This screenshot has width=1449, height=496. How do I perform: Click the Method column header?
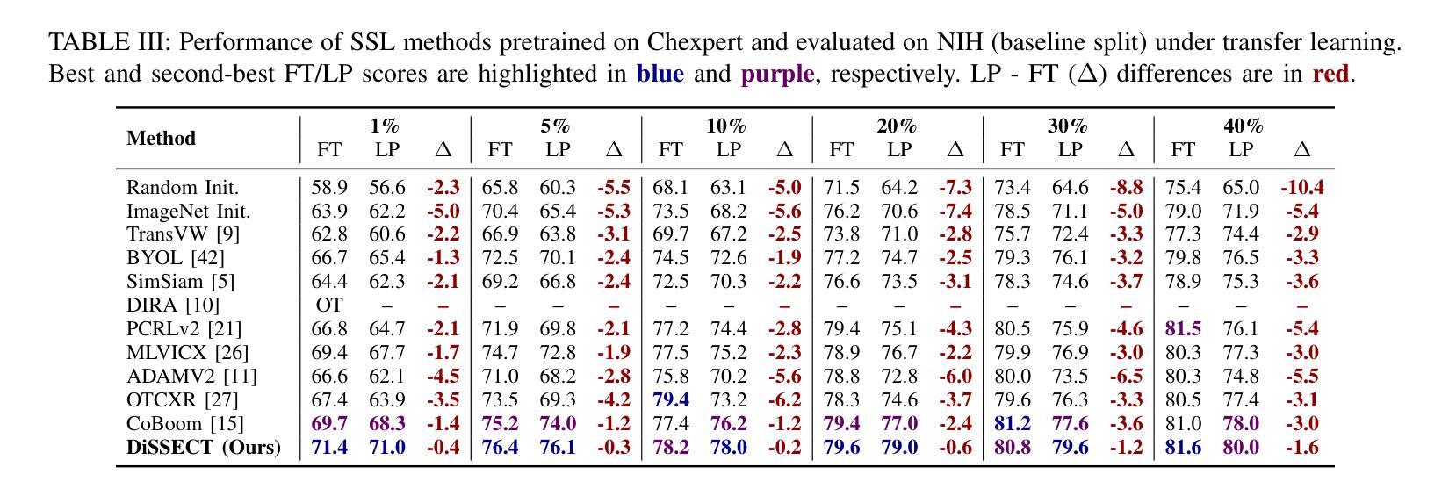tap(161, 139)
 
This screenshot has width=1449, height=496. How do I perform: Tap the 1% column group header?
tap(385, 126)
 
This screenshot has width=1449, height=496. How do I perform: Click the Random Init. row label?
tap(183, 188)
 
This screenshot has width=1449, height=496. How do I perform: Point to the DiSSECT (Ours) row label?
tap(203, 447)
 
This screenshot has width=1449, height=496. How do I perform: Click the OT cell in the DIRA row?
tap(329, 306)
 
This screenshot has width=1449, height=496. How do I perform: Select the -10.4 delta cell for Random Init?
tap(1301, 188)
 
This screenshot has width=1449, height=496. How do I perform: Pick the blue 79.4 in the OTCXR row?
tap(671, 399)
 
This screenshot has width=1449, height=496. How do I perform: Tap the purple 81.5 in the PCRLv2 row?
tap(1183, 329)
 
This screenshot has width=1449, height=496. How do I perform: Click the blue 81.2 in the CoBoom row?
tap(1012, 423)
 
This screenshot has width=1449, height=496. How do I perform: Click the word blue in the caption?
tap(660, 74)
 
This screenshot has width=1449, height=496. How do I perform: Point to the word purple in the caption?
tap(777, 74)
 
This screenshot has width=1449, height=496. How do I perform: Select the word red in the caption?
tap(1330, 74)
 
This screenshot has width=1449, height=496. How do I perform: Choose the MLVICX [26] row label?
tap(187, 353)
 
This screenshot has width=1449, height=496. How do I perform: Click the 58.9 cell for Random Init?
tap(329, 188)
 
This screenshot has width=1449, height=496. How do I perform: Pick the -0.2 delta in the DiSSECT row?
tap(784, 447)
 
